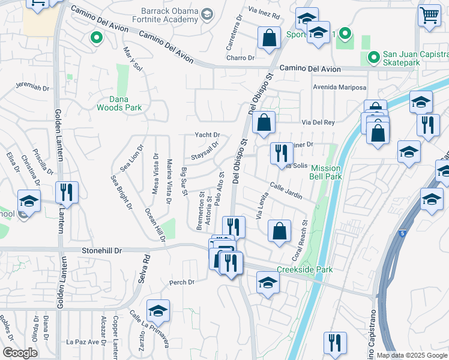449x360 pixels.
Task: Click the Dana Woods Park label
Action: tap(119, 103)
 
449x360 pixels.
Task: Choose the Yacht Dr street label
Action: tap(207, 135)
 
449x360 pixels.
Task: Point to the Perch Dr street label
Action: tap(182, 282)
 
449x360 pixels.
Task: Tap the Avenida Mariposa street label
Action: tap(339, 88)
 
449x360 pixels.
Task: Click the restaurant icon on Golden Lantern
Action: tap(66, 192)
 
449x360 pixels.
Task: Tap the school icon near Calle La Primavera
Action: tap(158, 310)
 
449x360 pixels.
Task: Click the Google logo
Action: tap(20, 353)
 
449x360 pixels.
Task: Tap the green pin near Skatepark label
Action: tap(373, 58)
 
